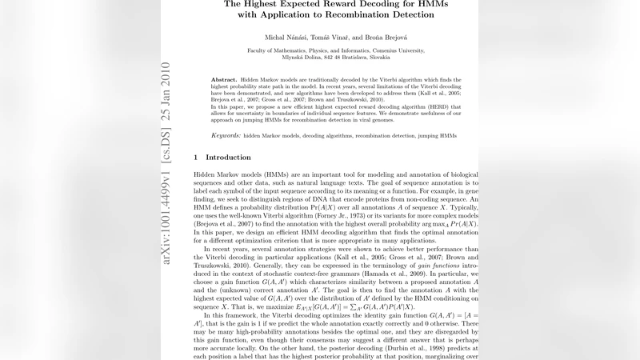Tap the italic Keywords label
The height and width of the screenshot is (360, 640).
[x=226, y=136]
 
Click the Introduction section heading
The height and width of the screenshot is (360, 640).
[x=228, y=158]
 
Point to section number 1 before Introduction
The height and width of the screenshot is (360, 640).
[x=197, y=158]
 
